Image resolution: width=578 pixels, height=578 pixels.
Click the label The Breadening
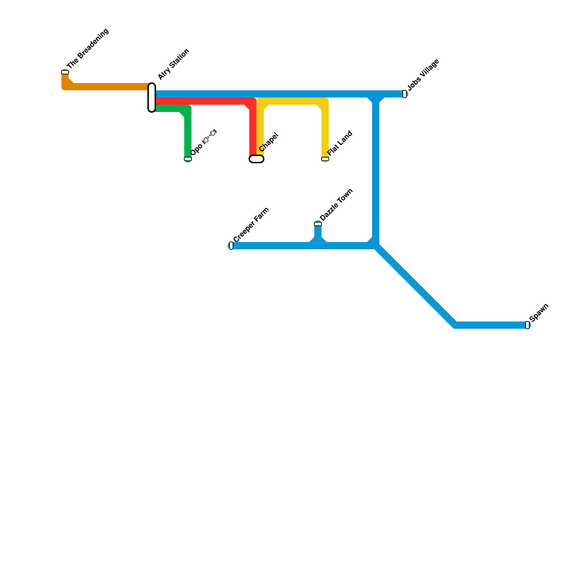pyautogui.click(x=88, y=49)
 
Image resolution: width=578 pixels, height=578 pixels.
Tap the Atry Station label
pyautogui.click(x=173, y=64)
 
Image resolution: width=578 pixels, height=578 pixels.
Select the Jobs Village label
pyautogui.click(x=423, y=75)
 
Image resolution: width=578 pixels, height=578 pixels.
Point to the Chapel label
pyautogui.click(x=268, y=142)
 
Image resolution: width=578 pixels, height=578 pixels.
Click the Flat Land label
pyautogui.click(x=340, y=143)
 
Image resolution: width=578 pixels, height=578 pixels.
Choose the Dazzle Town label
pyautogui.click(x=336, y=205)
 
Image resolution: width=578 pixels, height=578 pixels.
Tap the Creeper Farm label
pyautogui.click(x=251, y=225)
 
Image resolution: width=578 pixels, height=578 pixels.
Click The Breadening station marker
pyautogui.click(x=65, y=72)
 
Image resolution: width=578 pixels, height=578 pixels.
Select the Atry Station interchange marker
pyautogui.click(x=152, y=98)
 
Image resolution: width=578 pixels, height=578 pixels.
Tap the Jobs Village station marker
pyautogui.click(x=405, y=94)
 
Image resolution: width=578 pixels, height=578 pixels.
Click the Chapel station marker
pyautogui.click(x=256, y=159)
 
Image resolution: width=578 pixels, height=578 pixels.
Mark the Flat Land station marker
pyautogui.click(x=325, y=159)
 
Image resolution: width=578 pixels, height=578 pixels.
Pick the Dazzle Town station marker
pyautogui.click(x=318, y=224)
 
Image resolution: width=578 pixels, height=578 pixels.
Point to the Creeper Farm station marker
pyautogui.click(x=231, y=246)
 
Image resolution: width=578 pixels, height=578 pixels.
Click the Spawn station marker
pyautogui.click(x=527, y=325)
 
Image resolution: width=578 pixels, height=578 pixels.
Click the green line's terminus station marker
pyautogui.click(x=188, y=159)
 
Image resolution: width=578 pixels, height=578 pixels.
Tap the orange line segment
pyautogui.click(x=108, y=87)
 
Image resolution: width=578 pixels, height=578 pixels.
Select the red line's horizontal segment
pyautogui.click(x=202, y=101)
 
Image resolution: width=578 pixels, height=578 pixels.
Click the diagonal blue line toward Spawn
pyautogui.click(x=415, y=285)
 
